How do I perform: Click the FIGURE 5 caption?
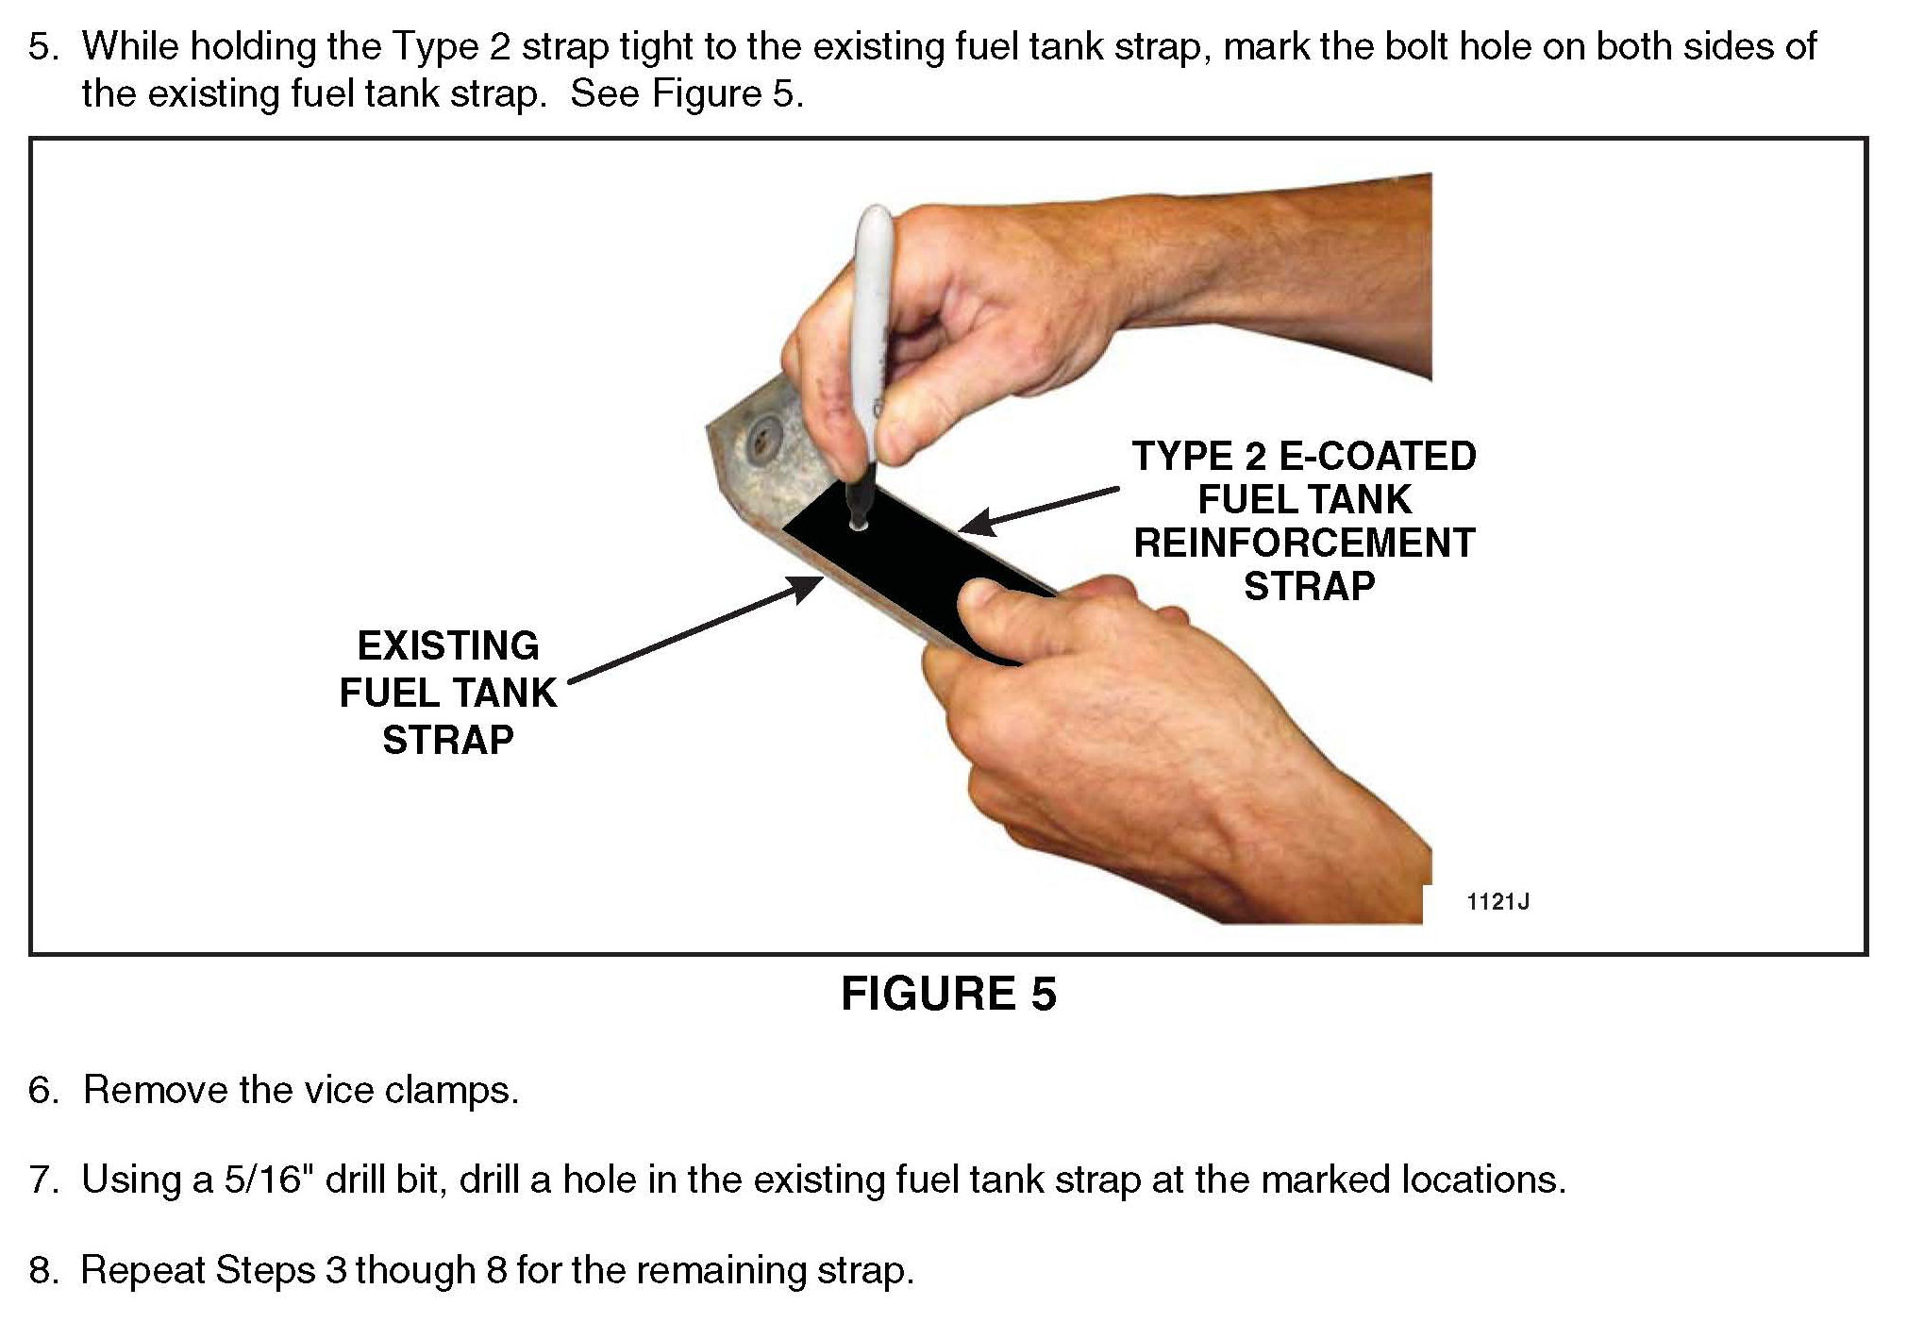pos(948,994)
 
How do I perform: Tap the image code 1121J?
pos(1497,901)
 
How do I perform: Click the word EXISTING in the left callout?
pos(448,646)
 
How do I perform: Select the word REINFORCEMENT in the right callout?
pos(1304,544)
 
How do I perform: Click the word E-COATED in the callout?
pos(1377,457)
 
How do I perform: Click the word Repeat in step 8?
pos(142,1270)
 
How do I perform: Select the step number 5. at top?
pos(43,46)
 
